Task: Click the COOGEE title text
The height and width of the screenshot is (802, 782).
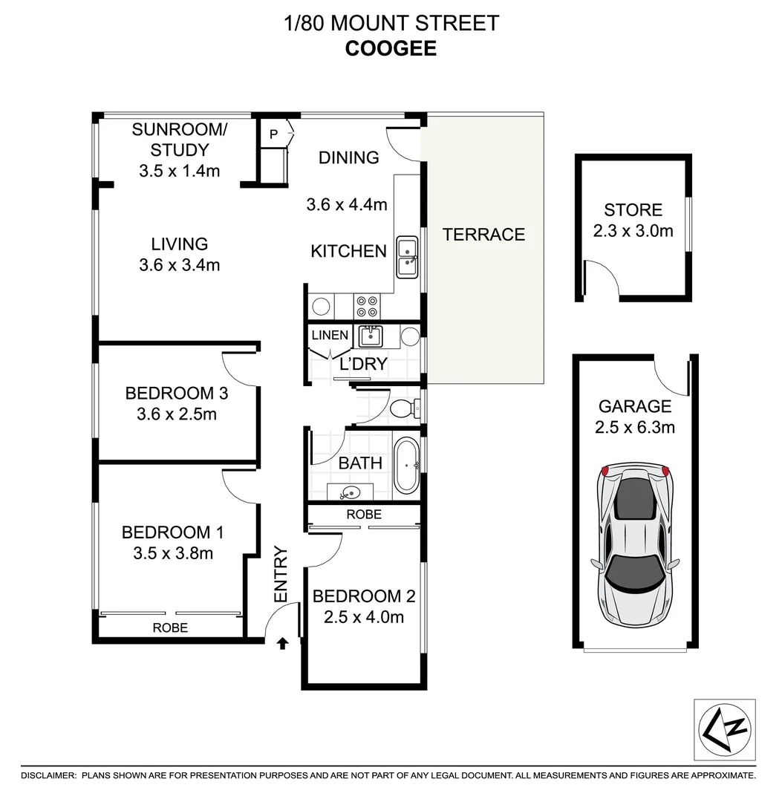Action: pos(391,48)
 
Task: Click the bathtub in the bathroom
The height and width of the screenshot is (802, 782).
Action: pos(405,466)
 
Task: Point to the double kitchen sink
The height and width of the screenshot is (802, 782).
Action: pos(406,257)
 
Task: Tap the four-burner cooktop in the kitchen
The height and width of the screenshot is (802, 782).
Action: pos(367,306)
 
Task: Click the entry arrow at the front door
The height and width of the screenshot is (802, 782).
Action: pos(282,642)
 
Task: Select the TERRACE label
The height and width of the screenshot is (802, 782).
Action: pos(483,235)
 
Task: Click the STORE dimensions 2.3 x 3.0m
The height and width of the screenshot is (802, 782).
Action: pos(633,231)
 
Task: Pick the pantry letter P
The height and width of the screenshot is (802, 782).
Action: pos(273,134)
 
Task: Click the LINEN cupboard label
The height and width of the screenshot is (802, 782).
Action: pos(330,335)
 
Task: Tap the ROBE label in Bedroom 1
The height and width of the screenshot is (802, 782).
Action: pos(170,627)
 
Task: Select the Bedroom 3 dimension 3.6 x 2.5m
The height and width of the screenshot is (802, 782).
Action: pos(177,414)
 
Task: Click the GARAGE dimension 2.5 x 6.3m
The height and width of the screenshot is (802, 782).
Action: pos(634,427)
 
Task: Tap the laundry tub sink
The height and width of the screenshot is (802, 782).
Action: pos(370,336)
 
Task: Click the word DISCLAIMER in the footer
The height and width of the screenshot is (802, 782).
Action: pos(48,775)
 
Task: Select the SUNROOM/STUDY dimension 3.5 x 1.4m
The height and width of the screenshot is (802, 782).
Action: pos(179,171)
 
